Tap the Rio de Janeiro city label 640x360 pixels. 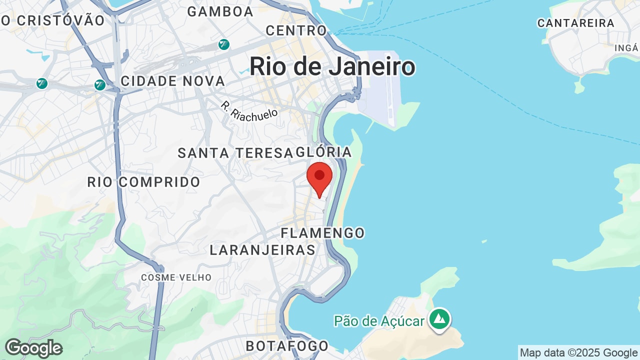click(x=332, y=66)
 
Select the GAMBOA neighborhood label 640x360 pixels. click(x=220, y=11)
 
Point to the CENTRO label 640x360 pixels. click(x=296, y=30)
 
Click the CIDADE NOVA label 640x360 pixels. click(x=173, y=81)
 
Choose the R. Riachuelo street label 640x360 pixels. click(x=249, y=109)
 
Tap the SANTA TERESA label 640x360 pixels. click(x=235, y=153)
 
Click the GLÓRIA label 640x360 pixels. click(x=324, y=152)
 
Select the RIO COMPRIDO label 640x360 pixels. click(x=144, y=182)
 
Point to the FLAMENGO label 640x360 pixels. click(x=322, y=233)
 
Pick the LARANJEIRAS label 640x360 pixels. click(x=262, y=250)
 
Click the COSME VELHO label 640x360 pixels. click(x=176, y=277)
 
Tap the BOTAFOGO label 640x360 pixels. click(x=287, y=346)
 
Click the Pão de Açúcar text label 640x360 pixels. click(x=380, y=321)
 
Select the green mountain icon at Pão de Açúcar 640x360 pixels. click(x=440, y=318)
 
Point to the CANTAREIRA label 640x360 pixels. click(x=576, y=23)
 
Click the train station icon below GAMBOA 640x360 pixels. click(x=224, y=44)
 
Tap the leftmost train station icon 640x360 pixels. click(x=42, y=83)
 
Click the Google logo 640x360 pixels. click(x=33, y=348)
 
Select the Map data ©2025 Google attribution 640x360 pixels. click(x=579, y=352)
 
